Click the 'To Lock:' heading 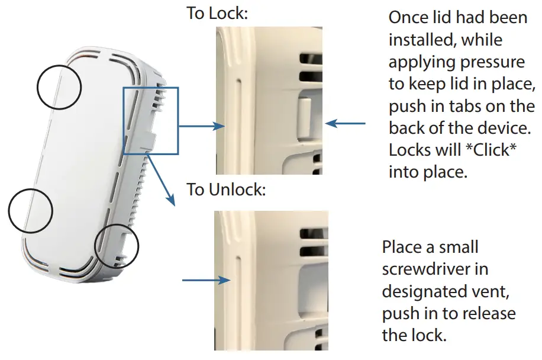pyautogui.click(x=217, y=13)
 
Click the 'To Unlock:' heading pyautogui.click(x=227, y=190)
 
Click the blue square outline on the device pyautogui.click(x=150, y=121)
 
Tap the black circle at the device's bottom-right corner pyautogui.click(x=117, y=245)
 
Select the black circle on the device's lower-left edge pyautogui.click(x=31, y=211)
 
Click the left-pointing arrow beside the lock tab pyautogui.click(x=346, y=124)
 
